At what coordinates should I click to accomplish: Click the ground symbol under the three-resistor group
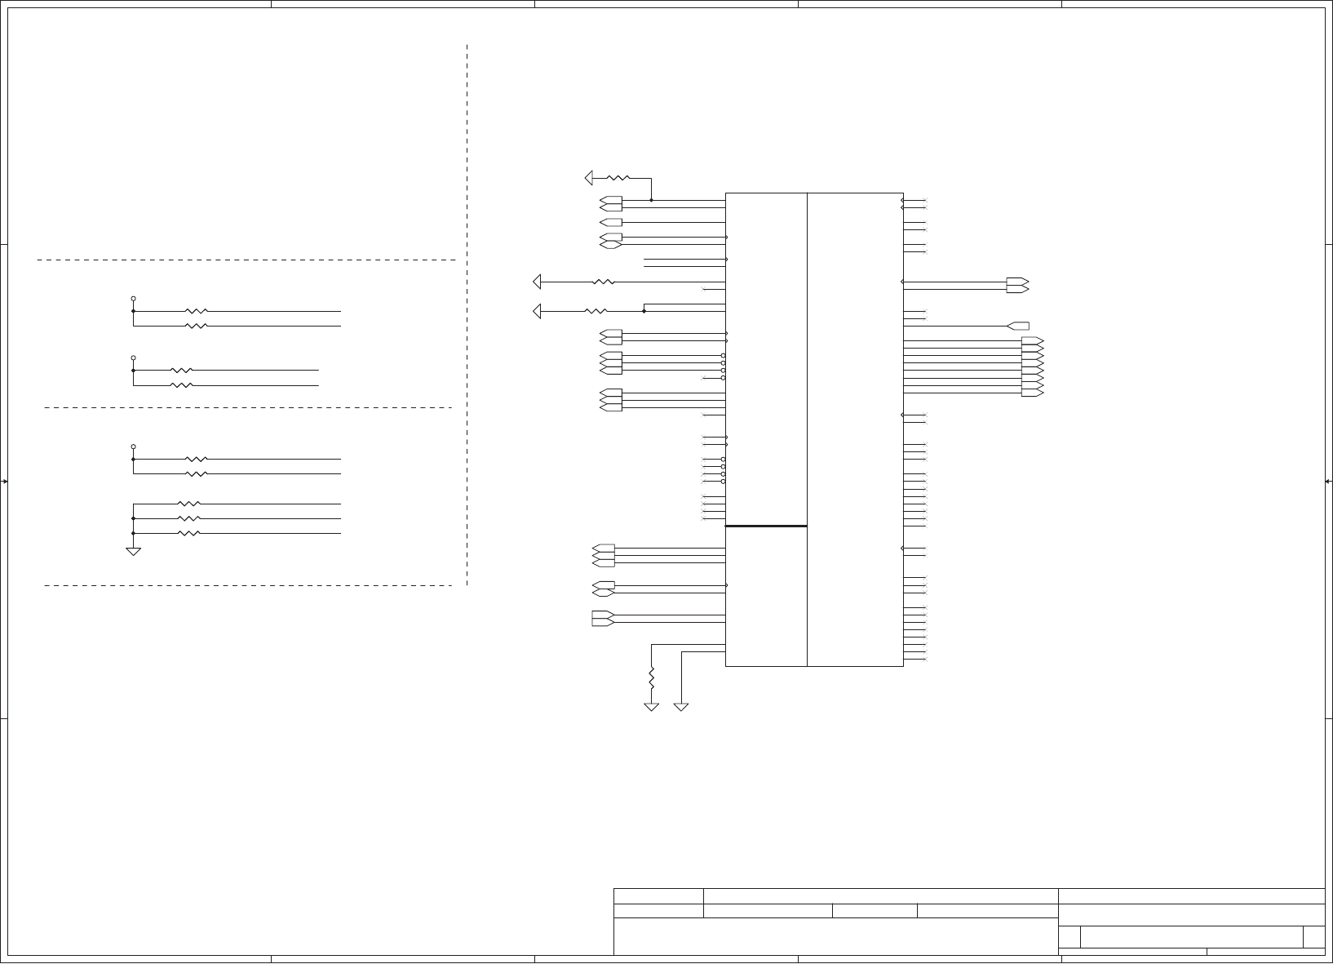133,551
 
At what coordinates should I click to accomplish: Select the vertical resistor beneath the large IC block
651,677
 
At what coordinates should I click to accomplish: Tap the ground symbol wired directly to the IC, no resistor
681,706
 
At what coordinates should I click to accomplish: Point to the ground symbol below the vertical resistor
651,706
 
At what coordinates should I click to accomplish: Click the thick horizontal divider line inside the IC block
766,526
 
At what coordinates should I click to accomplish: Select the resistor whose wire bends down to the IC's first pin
618,177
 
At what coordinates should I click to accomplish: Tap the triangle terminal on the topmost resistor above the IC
590,177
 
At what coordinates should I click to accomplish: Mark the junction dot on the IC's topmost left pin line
651,200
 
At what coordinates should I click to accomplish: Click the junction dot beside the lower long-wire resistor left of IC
644,311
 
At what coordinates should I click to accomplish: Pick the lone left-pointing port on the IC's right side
1018,326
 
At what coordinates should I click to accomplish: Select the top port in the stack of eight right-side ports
1032,340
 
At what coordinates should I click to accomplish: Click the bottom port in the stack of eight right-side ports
1032,393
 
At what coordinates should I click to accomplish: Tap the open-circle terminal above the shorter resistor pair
133,358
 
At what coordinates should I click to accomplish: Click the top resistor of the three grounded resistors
188,504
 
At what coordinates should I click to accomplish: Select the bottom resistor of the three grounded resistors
188,533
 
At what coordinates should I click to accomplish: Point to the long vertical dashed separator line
467,314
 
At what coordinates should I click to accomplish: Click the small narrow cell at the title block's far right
1313,937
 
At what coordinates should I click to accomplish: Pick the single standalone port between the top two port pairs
610,222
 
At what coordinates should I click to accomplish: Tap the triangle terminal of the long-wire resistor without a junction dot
537,282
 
